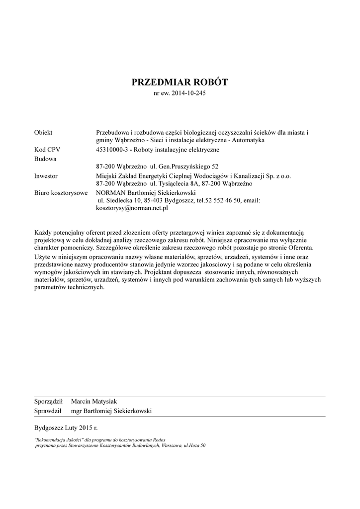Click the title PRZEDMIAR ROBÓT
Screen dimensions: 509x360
(180, 83)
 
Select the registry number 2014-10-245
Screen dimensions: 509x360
(188, 93)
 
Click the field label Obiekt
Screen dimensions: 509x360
(43, 133)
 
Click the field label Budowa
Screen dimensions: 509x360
(45, 159)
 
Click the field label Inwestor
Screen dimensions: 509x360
(46, 176)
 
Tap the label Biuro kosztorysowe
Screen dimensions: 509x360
(61, 192)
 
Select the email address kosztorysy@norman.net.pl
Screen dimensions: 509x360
(132, 208)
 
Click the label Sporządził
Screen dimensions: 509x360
(48, 401)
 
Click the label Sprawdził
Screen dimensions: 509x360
(48, 411)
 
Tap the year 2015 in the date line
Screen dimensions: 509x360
(84, 427)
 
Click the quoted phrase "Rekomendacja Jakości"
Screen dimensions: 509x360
(58, 440)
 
